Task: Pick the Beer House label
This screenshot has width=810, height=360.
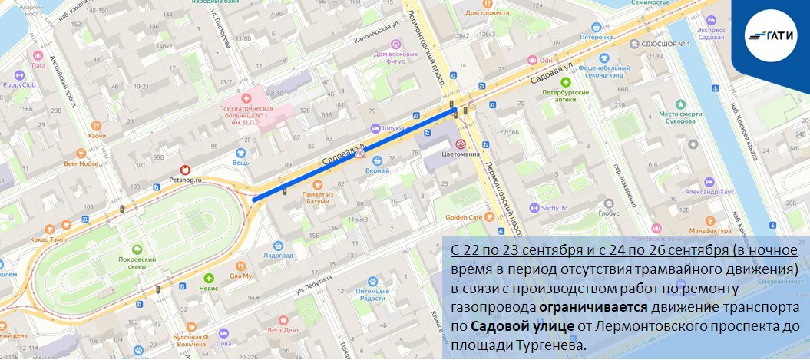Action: tap(81, 163)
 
